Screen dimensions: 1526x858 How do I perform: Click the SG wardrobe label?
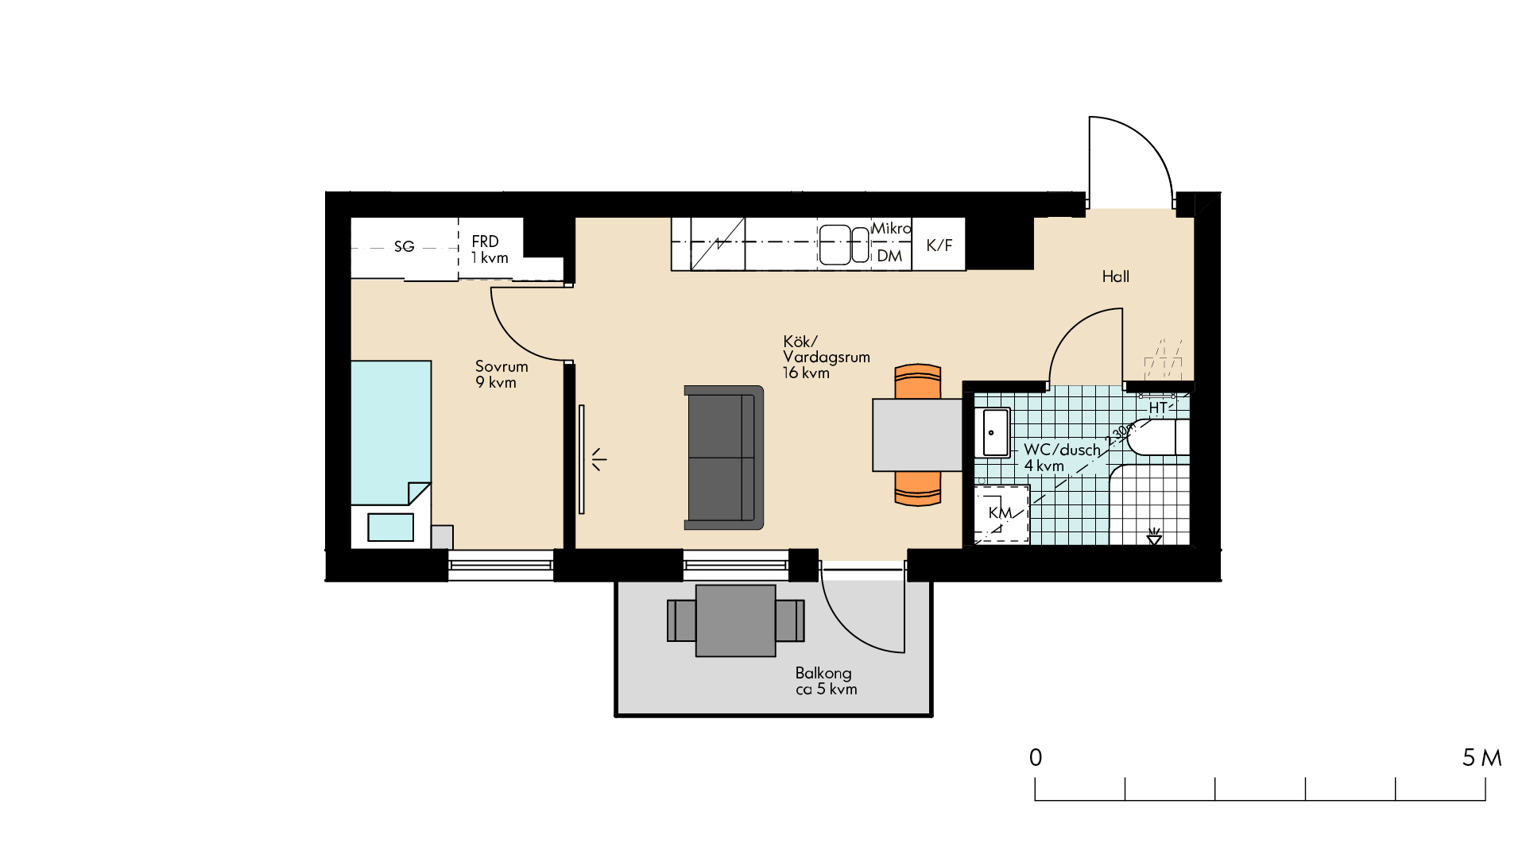404,247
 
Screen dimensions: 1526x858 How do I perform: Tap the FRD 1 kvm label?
490,249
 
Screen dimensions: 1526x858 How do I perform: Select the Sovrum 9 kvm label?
502,374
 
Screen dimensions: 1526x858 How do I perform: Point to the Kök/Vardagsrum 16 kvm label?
827,357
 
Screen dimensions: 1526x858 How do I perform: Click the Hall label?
1116,276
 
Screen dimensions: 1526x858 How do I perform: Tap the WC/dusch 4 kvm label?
1062,458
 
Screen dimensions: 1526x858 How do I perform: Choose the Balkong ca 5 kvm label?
827,681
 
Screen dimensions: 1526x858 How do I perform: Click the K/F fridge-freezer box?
939,245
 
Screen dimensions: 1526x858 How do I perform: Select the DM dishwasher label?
889,256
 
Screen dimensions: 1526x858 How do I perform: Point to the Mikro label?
892,229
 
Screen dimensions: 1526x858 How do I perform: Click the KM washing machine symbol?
1001,514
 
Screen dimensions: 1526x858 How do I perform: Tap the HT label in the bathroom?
1158,408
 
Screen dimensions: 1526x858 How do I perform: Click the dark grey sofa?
724,458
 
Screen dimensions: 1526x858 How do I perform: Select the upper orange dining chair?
918,381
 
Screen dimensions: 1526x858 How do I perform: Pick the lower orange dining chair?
918,489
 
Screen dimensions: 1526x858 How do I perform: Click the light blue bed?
391,433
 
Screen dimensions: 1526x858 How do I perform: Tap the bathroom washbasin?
993,433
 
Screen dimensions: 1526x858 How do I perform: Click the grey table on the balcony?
736,620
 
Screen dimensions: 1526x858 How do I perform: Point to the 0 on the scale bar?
1036,758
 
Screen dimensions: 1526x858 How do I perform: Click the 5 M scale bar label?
1482,758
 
